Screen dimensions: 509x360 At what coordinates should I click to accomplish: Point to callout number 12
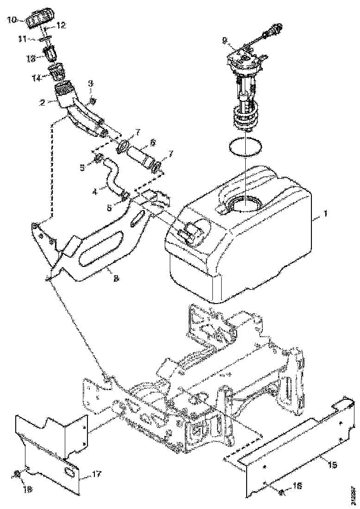pyautogui.click(x=61, y=24)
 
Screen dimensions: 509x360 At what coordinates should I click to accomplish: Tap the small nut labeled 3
pyautogui.click(x=93, y=100)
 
